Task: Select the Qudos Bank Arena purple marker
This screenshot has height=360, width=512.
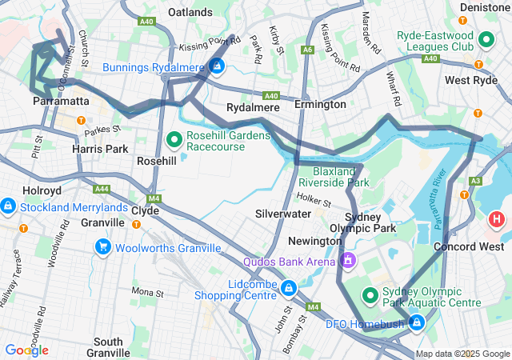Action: click(x=348, y=261)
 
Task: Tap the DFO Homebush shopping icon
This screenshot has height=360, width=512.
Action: click(x=416, y=322)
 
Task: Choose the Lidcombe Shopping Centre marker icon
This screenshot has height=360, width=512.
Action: click(x=288, y=286)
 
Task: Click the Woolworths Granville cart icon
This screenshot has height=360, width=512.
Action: click(x=102, y=247)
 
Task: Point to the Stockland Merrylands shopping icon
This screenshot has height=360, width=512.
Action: click(x=7, y=207)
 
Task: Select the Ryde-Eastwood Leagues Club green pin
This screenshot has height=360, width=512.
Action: click(x=486, y=38)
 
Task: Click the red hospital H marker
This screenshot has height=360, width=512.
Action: click(x=497, y=218)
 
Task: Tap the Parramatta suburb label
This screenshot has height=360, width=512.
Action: click(x=61, y=102)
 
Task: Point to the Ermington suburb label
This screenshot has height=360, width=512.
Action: click(x=319, y=105)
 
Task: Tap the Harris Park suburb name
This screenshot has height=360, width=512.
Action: click(x=100, y=149)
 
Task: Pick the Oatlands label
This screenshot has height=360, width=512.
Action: click(x=191, y=12)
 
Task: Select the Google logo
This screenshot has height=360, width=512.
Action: click(x=26, y=350)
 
